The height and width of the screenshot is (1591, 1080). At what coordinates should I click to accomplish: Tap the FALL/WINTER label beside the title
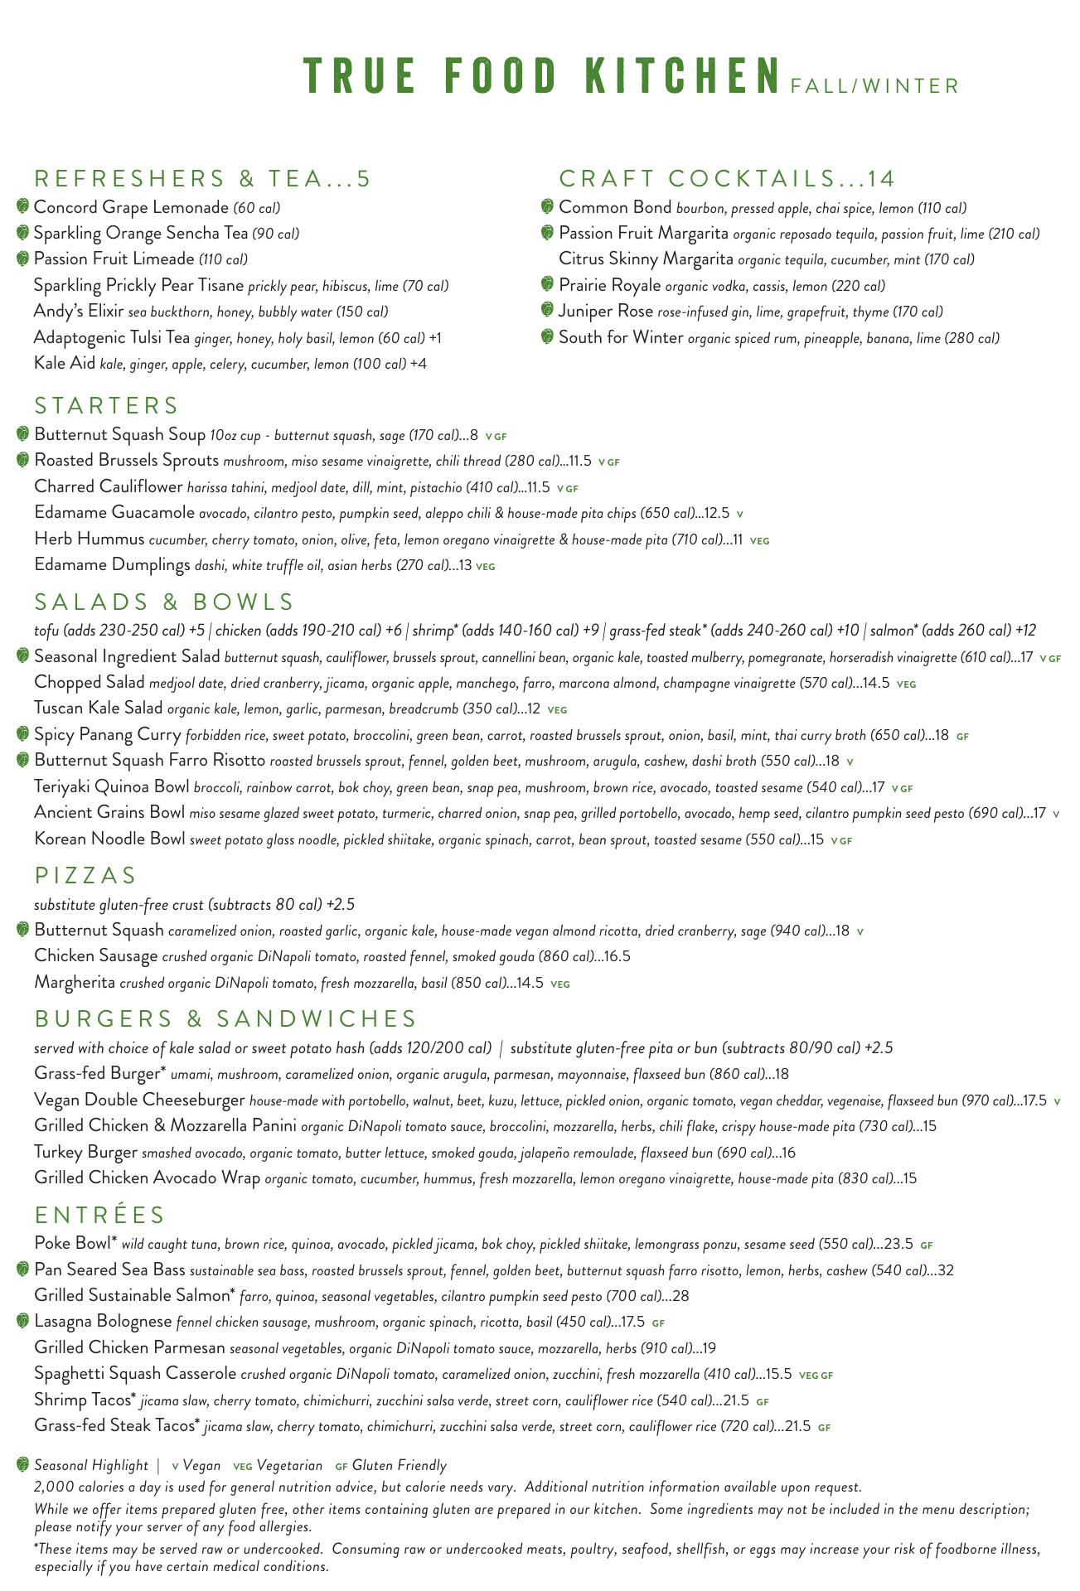click(874, 86)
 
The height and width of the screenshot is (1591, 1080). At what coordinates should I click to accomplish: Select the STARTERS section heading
click(106, 405)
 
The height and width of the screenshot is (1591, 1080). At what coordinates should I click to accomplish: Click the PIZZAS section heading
click(85, 875)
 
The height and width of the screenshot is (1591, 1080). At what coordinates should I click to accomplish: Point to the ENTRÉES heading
click(100, 1215)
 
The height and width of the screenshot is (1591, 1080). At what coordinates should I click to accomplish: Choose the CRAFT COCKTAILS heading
click(727, 178)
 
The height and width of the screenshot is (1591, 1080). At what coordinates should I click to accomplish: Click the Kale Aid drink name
click(65, 364)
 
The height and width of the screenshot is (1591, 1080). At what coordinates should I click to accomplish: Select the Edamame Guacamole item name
click(114, 513)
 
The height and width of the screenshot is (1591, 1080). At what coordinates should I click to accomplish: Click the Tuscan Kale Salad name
click(99, 708)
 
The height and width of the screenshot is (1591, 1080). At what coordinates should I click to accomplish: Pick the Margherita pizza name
click(75, 983)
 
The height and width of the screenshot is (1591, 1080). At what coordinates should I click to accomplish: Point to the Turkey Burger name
click(85, 1152)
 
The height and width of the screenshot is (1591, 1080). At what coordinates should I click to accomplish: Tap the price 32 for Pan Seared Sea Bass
click(946, 1270)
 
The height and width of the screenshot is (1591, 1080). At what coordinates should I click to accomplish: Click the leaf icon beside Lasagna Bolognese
click(23, 1321)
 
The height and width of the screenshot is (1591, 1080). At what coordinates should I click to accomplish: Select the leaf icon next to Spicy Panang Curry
click(23, 734)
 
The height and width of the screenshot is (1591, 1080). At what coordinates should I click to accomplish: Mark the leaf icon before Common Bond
click(547, 206)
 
